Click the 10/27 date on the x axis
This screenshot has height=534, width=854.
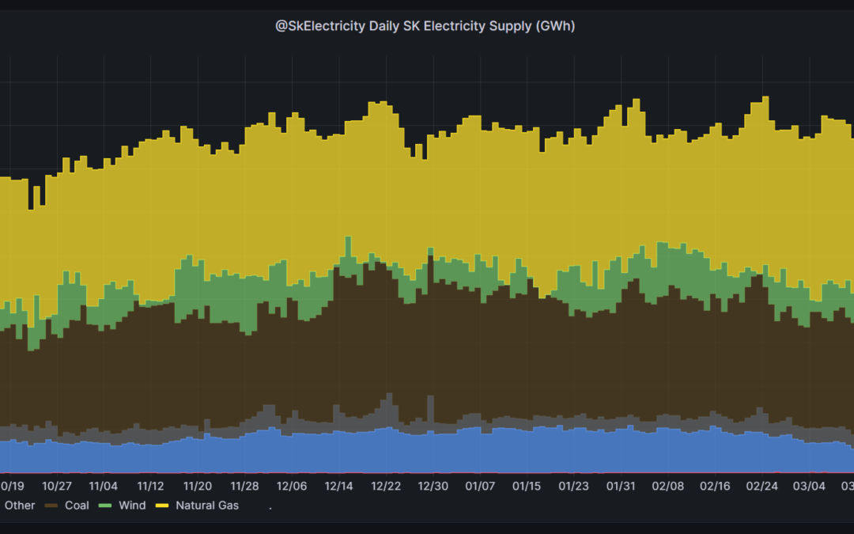click(57, 486)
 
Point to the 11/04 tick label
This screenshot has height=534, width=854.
click(104, 486)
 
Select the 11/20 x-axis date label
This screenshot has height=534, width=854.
click(198, 486)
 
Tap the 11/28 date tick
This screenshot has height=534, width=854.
click(244, 486)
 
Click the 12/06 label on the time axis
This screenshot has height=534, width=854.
click(292, 486)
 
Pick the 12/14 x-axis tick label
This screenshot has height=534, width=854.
click(338, 486)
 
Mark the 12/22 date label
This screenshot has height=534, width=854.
click(386, 486)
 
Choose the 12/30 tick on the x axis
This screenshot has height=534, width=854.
click(433, 486)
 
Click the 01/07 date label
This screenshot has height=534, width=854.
click(480, 486)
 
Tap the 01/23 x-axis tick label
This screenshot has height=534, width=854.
click(574, 486)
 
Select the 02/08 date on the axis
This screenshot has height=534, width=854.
click(668, 486)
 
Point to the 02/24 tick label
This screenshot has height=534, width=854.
click(762, 486)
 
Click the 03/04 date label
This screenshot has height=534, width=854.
click(809, 486)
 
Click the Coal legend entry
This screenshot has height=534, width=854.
click(77, 505)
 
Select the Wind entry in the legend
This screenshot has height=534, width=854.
click(132, 505)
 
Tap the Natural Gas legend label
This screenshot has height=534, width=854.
click(206, 505)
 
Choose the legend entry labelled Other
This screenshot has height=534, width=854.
click(20, 505)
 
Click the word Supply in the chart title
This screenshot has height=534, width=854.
click(512, 26)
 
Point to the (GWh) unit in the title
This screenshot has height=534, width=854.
click(555, 26)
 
